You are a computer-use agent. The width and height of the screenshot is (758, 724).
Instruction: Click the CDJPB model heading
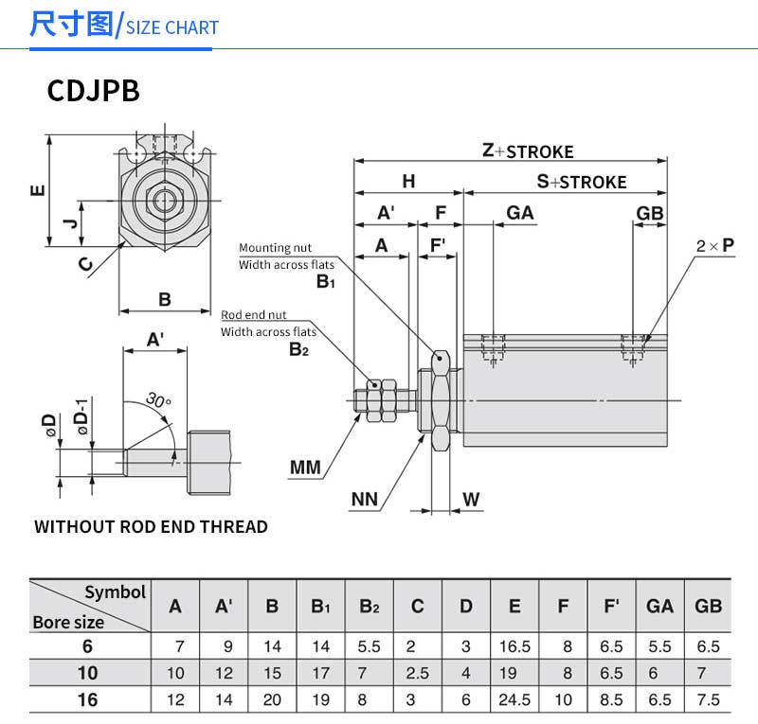point(94,91)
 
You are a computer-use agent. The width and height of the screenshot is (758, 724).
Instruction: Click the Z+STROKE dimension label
point(528,150)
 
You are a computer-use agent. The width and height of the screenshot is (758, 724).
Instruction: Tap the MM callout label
point(305,467)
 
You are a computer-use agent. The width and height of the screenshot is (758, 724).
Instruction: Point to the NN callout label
point(365,499)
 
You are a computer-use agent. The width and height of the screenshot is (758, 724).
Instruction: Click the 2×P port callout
point(715,245)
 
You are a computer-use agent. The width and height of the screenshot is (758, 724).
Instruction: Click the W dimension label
point(471,499)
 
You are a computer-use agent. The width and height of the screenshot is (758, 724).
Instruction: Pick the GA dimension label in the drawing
point(519,213)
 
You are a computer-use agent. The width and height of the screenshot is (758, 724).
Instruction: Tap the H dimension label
point(408,181)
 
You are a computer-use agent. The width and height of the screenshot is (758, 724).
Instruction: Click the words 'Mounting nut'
point(275,248)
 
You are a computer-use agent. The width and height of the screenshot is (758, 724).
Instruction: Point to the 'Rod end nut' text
point(254,315)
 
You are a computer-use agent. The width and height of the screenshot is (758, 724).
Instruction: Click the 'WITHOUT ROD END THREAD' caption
point(151,527)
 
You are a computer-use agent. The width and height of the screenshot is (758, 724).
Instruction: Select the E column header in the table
point(514,606)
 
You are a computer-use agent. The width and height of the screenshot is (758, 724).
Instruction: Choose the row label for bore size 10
point(90,674)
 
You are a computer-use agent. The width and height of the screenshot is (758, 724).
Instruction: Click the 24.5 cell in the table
point(514,700)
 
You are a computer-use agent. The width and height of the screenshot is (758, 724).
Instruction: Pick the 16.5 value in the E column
point(514,647)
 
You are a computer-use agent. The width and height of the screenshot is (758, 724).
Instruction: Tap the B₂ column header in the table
point(369,606)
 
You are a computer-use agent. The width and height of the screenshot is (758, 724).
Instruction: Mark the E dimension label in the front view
point(37,190)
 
